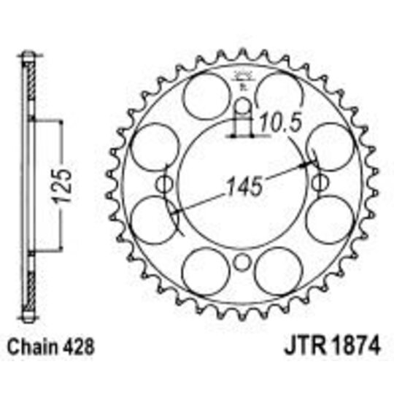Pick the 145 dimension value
(242, 185)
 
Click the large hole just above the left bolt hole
(154, 144)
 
